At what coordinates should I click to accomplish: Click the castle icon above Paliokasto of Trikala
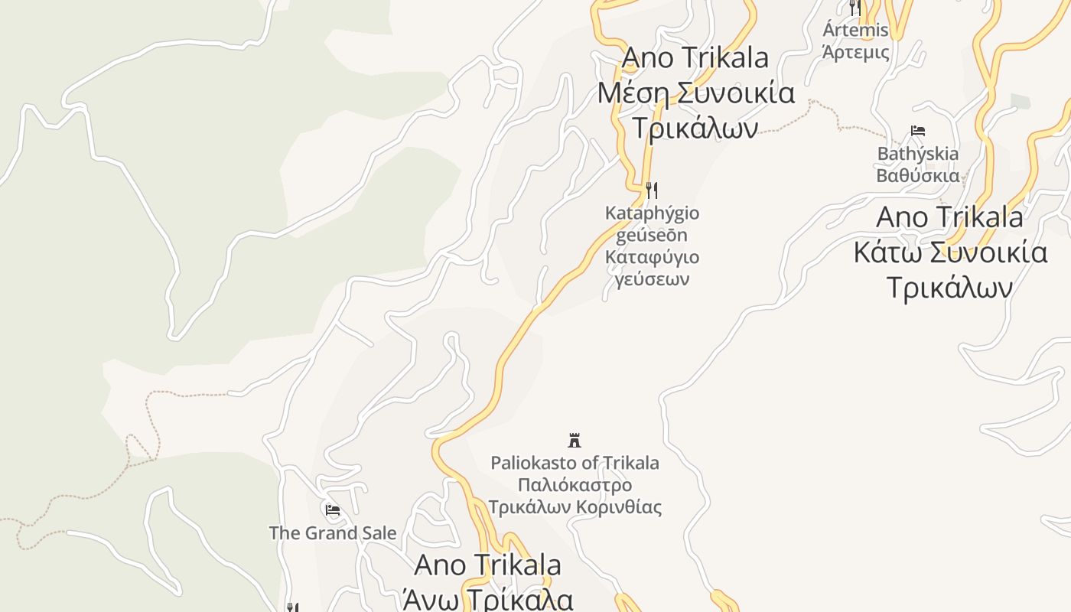point(575,440)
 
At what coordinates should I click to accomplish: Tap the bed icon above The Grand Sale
point(332,510)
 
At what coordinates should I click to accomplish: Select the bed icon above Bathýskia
point(918,131)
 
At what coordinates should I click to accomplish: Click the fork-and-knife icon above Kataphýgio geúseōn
point(652,189)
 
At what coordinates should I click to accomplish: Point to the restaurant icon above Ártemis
point(855,8)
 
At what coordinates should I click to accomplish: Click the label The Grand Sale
point(333,533)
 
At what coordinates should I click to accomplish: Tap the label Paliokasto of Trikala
point(575,463)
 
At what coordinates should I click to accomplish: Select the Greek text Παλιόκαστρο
point(575,485)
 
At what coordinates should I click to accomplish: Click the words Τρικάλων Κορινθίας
point(575,507)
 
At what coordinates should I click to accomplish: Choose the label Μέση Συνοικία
point(695,93)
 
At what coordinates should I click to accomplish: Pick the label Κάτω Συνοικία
point(949,252)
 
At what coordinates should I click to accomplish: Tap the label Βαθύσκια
point(917,175)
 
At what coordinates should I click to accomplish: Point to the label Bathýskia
point(917,154)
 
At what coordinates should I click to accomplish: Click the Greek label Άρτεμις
point(855,52)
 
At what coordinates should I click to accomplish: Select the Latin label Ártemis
point(855,31)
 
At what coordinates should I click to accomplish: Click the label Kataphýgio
point(652,213)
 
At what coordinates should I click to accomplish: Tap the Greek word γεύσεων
point(652,278)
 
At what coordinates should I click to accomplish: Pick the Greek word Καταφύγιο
point(652,257)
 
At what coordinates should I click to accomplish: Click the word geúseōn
point(652,235)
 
